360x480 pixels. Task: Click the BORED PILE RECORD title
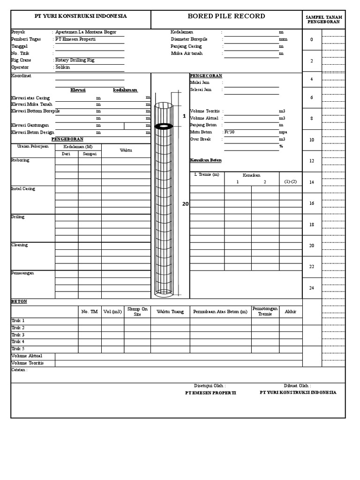tap(226, 16)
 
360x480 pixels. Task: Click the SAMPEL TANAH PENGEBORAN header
tap(324, 19)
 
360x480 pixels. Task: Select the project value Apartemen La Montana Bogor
tap(86, 32)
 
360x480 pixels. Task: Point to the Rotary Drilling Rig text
tap(75, 60)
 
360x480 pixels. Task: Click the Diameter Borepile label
tap(189, 39)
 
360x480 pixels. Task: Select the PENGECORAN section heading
tap(206, 75)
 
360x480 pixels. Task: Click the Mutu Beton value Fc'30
tap(229, 132)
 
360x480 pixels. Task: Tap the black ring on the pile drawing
tap(163, 126)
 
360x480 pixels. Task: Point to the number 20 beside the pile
tap(185, 204)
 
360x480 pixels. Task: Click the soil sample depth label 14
tap(311, 182)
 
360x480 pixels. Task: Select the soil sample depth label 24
tap(311, 288)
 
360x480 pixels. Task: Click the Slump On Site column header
tap(137, 312)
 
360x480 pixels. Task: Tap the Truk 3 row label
tap(18, 335)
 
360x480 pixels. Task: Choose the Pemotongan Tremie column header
tap(265, 311)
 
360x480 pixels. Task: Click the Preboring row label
tap(20, 160)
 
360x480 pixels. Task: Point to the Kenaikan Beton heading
tap(206, 160)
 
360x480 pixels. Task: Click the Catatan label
tap(19, 370)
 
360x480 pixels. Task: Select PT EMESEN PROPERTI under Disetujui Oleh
tap(210, 393)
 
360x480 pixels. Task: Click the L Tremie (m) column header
tap(207, 174)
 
